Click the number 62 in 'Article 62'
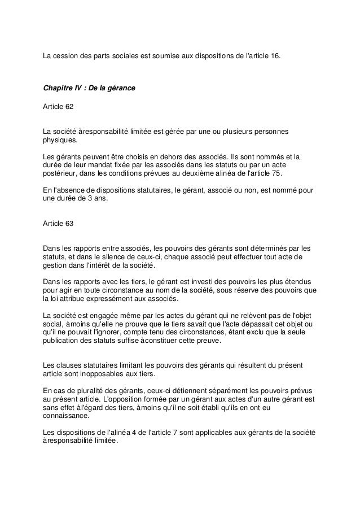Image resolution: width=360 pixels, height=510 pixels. (x=68, y=105)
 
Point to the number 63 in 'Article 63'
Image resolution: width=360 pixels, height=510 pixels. (x=68, y=224)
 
